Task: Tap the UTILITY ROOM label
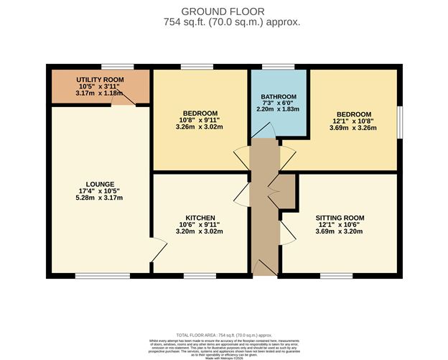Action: [101, 80]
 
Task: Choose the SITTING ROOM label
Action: [340, 218]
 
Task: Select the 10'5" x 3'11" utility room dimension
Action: [101, 87]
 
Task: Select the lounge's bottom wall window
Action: [98, 275]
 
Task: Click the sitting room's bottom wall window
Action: [336, 275]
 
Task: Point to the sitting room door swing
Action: [287, 230]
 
